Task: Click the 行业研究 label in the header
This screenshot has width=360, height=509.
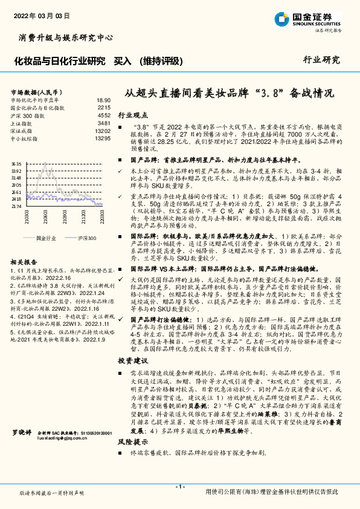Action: click(321, 60)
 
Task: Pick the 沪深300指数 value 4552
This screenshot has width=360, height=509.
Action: click(104, 115)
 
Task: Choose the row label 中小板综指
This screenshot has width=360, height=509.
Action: click(25, 138)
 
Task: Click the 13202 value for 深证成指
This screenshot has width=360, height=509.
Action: click(103, 131)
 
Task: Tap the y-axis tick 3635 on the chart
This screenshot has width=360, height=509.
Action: click(16, 164)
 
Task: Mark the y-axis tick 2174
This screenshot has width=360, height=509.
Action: click(16, 206)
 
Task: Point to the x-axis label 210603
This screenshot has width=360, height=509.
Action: click(46, 216)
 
